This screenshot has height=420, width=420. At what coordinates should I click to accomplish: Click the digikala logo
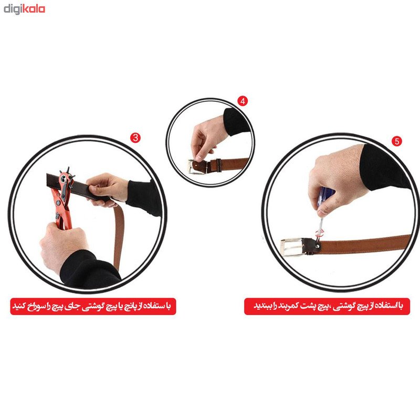[x=24, y=9]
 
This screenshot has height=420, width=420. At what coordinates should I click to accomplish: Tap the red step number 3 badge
[x=135, y=138]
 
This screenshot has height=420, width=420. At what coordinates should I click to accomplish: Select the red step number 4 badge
[x=243, y=101]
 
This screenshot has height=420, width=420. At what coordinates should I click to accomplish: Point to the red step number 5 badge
[x=397, y=141]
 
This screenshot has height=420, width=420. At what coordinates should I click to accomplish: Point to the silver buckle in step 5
[x=292, y=247]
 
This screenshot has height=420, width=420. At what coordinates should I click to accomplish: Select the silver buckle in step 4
[x=197, y=166]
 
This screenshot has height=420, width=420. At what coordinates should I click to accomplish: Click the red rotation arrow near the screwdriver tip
[x=320, y=233]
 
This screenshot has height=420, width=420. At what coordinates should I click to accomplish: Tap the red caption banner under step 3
[x=93, y=306]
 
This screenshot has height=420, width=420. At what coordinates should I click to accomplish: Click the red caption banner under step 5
[x=327, y=306]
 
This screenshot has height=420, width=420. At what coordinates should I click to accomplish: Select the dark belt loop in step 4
[x=218, y=165]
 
